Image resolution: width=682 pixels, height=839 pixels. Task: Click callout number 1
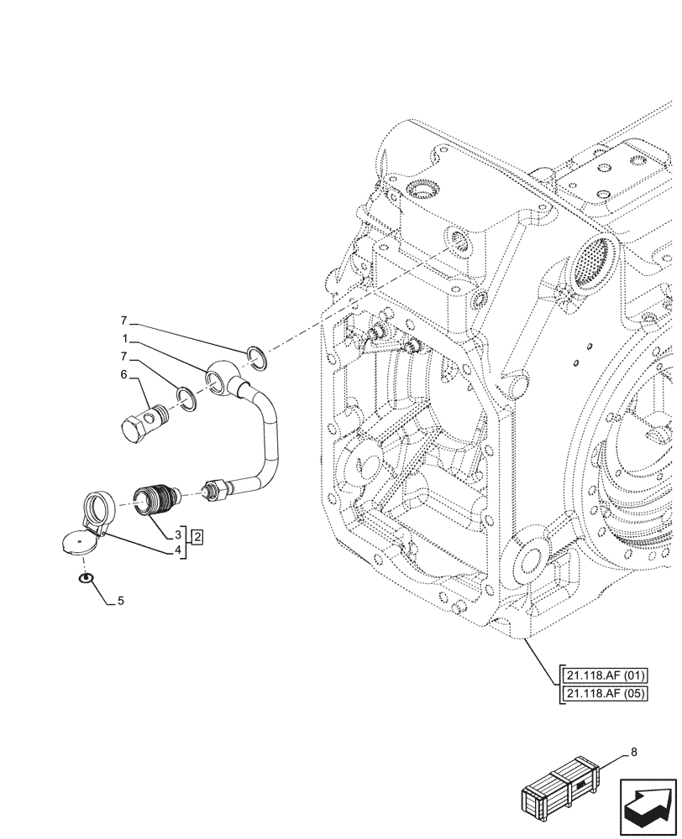click(124, 340)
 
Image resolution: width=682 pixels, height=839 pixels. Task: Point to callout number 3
click(178, 534)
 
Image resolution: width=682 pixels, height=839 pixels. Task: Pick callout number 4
click(178, 550)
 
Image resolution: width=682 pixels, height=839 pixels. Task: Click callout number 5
click(121, 601)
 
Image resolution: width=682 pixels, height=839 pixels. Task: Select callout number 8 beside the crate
click(633, 753)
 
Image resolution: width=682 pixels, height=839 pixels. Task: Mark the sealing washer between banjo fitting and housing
click(258, 357)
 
